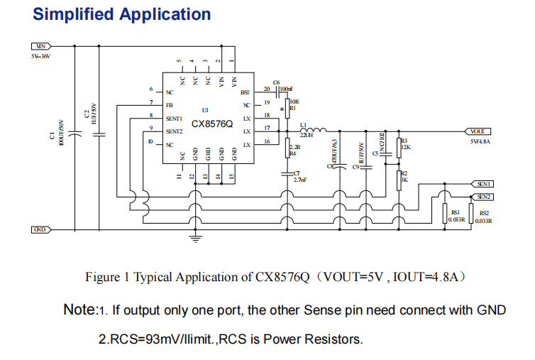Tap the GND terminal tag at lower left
41,229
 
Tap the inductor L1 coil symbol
316,130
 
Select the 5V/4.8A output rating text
480,142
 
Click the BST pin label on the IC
246,92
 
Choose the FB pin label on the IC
169,105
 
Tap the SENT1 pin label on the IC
174,119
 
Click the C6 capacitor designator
276,82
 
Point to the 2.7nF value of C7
299,180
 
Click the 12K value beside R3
405,148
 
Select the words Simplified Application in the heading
122,14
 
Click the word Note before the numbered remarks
79,310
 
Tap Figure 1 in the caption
108,277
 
